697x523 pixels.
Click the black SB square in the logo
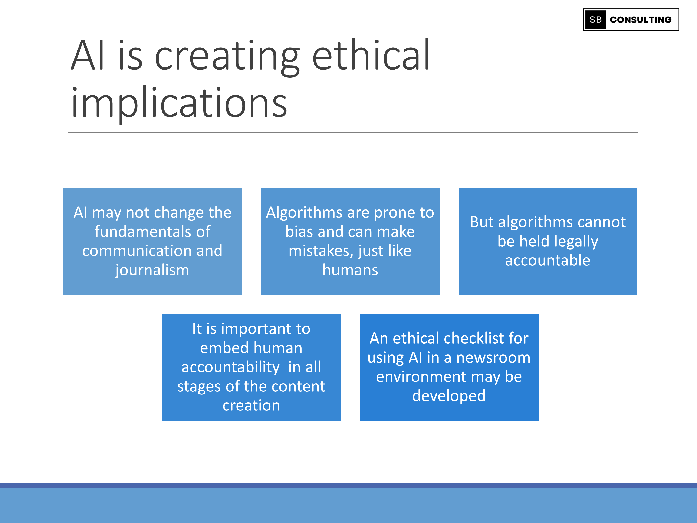(x=595, y=20)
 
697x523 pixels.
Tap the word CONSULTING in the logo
(x=641, y=20)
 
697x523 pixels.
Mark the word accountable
(x=548, y=260)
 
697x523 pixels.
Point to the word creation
(x=251, y=405)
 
